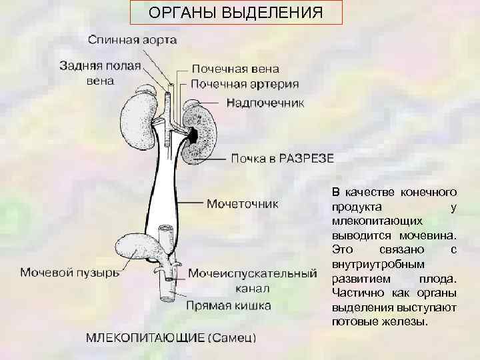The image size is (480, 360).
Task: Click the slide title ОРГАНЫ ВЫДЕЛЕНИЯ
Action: point(235,13)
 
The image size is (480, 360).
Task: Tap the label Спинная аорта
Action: point(133,40)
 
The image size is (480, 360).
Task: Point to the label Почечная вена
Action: point(235,69)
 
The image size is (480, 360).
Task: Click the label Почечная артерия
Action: point(245,85)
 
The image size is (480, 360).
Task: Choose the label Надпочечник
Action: point(265,103)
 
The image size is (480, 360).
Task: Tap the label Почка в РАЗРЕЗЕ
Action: point(282,159)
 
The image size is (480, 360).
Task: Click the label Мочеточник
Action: point(242,203)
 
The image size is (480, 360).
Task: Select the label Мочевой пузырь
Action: point(69,273)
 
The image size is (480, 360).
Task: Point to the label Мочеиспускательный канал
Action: point(252,280)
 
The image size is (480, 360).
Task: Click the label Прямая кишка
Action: point(228,306)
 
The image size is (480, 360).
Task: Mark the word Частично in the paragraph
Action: point(353,293)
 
